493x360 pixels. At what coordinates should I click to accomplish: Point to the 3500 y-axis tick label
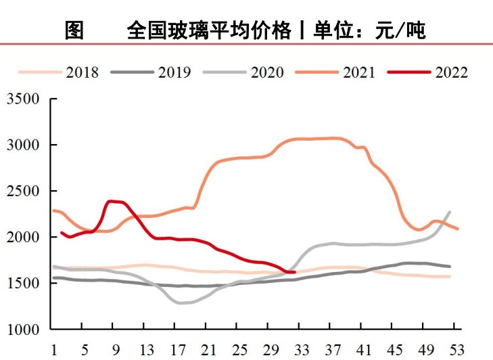(23, 99)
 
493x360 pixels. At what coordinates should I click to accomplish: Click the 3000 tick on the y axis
(23, 145)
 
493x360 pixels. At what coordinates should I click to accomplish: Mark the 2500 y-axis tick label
(23, 191)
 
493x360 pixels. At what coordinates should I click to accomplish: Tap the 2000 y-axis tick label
(23, 237)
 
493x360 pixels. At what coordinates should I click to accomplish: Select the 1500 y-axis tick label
(23, 283)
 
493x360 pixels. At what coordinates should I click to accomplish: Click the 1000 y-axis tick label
(23, 330)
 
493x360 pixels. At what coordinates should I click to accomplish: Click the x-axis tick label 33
(303, 350)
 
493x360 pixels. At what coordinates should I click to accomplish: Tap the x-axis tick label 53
(458, 350)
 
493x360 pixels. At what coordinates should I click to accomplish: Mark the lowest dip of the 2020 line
(181, 302)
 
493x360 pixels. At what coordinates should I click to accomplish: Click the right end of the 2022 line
(294, 272)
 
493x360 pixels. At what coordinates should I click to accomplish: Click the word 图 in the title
(74, 30)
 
